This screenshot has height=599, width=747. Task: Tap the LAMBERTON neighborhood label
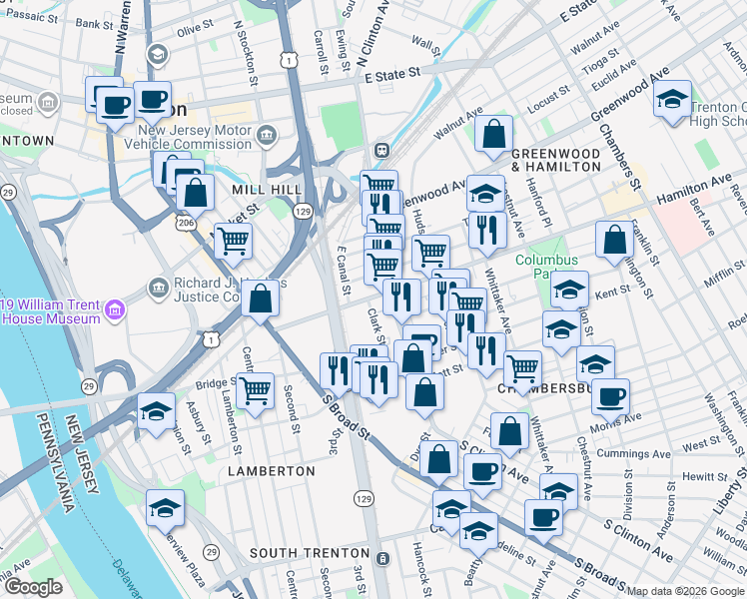pos(264,469)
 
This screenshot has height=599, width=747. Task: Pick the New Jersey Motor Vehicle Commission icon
pos(267,135)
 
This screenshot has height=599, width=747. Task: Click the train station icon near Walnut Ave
pos(381,151)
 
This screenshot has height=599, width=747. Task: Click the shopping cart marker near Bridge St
pos(256,390)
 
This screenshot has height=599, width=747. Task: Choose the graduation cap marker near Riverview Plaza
pos(165,507)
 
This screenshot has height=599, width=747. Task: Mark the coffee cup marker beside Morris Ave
pos(610,395)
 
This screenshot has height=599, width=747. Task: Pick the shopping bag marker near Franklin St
pos(614,239)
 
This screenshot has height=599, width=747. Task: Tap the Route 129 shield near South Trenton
pos(362,497)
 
